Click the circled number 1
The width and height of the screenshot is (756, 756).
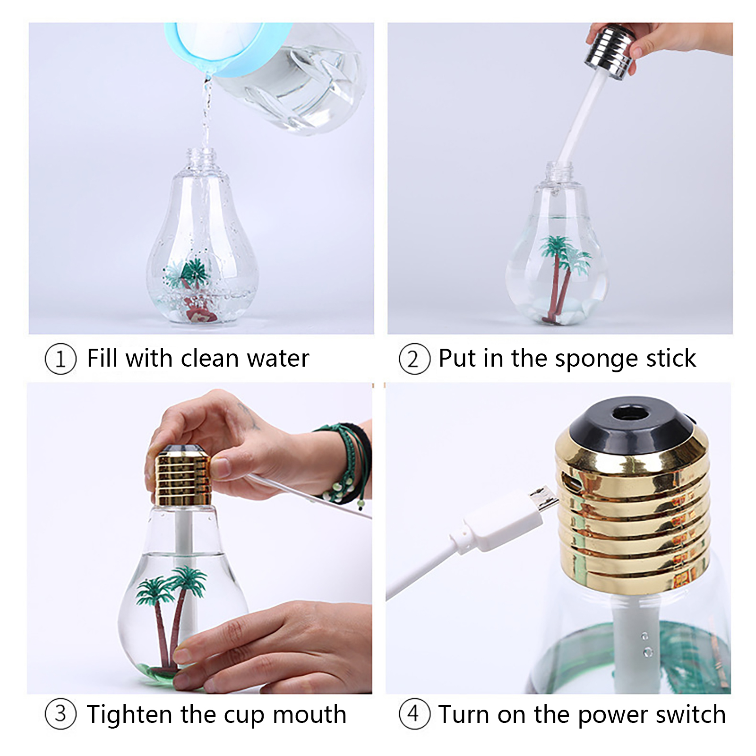[x=60, y=359]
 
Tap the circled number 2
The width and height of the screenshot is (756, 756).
[x=414, y=359]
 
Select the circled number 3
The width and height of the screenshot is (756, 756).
[x=60, y=714]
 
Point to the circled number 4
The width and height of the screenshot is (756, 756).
[x=414, y=714]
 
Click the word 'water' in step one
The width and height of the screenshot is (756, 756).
[x=278, y=358]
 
